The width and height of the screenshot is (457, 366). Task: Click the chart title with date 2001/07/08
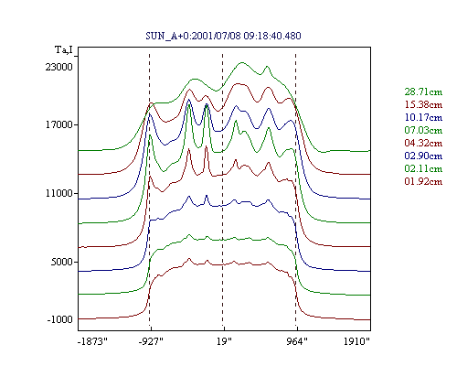tap(223, 36)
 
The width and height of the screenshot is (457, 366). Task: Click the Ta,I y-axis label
tap(64, 49)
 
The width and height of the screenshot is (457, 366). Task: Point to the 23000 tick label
tap(59, 67)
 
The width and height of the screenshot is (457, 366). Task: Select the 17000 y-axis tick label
tap(59, 124)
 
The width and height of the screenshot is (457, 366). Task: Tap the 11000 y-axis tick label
tap(59, 193)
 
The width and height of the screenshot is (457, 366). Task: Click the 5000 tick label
tap(62, 262)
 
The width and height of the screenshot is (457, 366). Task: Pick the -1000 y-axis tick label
tap(60, 319)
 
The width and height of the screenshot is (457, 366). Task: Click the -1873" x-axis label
tap(93, 341)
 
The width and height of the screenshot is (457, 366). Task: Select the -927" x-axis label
tap(151, 341)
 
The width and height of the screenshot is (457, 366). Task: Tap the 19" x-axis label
tap(224, 341)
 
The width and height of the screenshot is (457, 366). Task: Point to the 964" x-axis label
tap(297, 341)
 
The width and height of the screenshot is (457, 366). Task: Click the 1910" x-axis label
tap(356, 341)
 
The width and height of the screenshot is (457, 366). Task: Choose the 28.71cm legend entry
tap(423, 91)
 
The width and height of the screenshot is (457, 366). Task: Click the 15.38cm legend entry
tap(423, 104)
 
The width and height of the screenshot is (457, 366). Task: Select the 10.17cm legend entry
tap(423, 117)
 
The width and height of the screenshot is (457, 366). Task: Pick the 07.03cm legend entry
tap(423, 130)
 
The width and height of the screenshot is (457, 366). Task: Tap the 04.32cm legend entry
tap(423, 143)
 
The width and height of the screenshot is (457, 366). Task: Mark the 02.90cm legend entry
tap(423, 156)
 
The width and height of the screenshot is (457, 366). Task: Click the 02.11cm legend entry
tap(423, 168)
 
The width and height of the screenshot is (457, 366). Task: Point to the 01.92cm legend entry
tap(423, 181)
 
